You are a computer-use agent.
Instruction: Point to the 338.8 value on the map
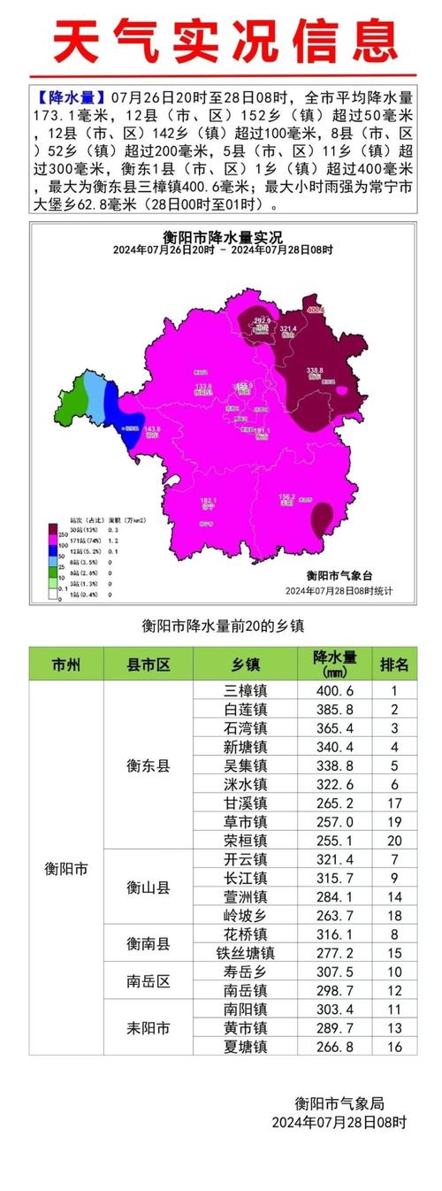click(x=316, y=370)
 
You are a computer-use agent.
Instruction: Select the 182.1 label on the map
click(x=209, y=500)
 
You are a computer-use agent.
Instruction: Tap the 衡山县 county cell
click(x=148, y=887)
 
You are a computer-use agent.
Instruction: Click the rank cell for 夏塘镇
click(x=394, y=1045)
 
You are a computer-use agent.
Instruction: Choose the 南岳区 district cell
click(x=148, y=980)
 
